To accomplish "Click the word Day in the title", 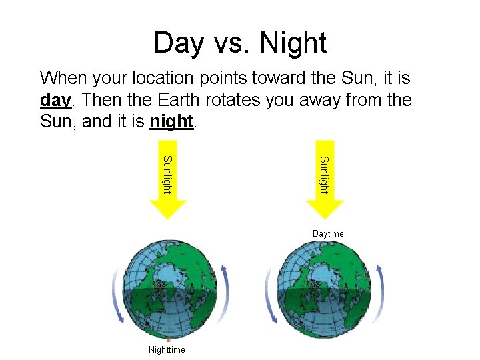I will [178, 43].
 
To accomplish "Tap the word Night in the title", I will [293, 43].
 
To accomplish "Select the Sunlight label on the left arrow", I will [167, 175].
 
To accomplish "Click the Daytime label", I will [328, 233].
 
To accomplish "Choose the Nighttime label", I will [167, 349].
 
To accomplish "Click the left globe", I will [169, 291].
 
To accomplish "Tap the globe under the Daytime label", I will [323, 291].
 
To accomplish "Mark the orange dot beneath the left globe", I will [168, 341].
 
